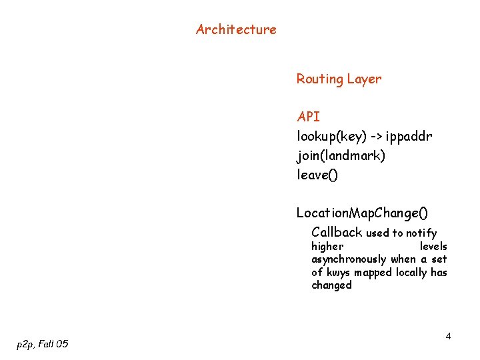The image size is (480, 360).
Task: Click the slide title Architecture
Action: point(236,29)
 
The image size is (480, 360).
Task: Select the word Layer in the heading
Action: point(364,79)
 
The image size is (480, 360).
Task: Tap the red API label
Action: point(308,117)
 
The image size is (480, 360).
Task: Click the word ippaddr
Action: point(409,137)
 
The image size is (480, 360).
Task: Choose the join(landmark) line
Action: point(341,156)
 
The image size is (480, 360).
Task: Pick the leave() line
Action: point(317,175)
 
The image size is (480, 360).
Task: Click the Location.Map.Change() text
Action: point(363,213)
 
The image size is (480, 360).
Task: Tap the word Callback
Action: point(337,233)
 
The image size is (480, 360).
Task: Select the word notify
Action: point(422,233)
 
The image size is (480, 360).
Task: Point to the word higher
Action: point(327,247)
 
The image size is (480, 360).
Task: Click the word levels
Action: point(433,247)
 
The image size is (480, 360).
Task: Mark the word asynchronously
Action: point(349,259)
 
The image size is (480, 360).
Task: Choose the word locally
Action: point(411,273)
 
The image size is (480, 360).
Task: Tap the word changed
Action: point(331,285)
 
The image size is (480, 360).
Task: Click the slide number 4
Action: point(448,336)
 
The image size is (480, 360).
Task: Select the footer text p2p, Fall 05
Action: point(42,344)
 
